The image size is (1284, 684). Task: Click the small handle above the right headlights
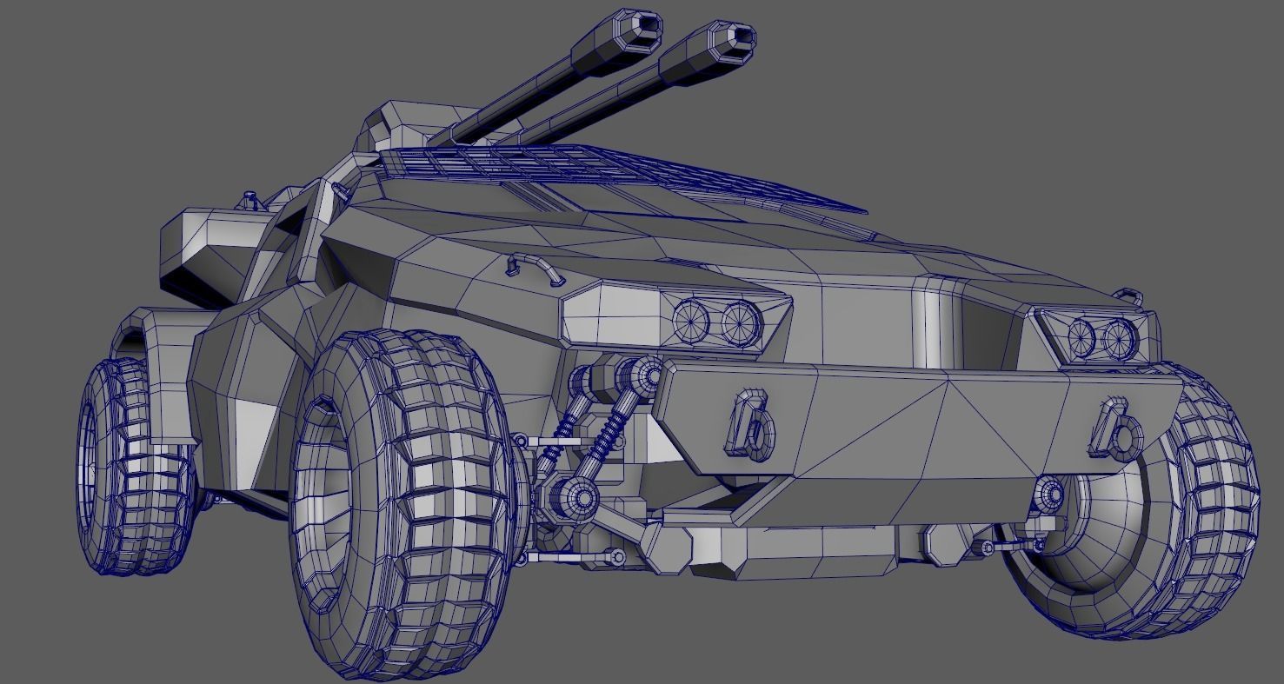(1128, 295)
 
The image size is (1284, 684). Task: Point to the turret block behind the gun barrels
(396, 126)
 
